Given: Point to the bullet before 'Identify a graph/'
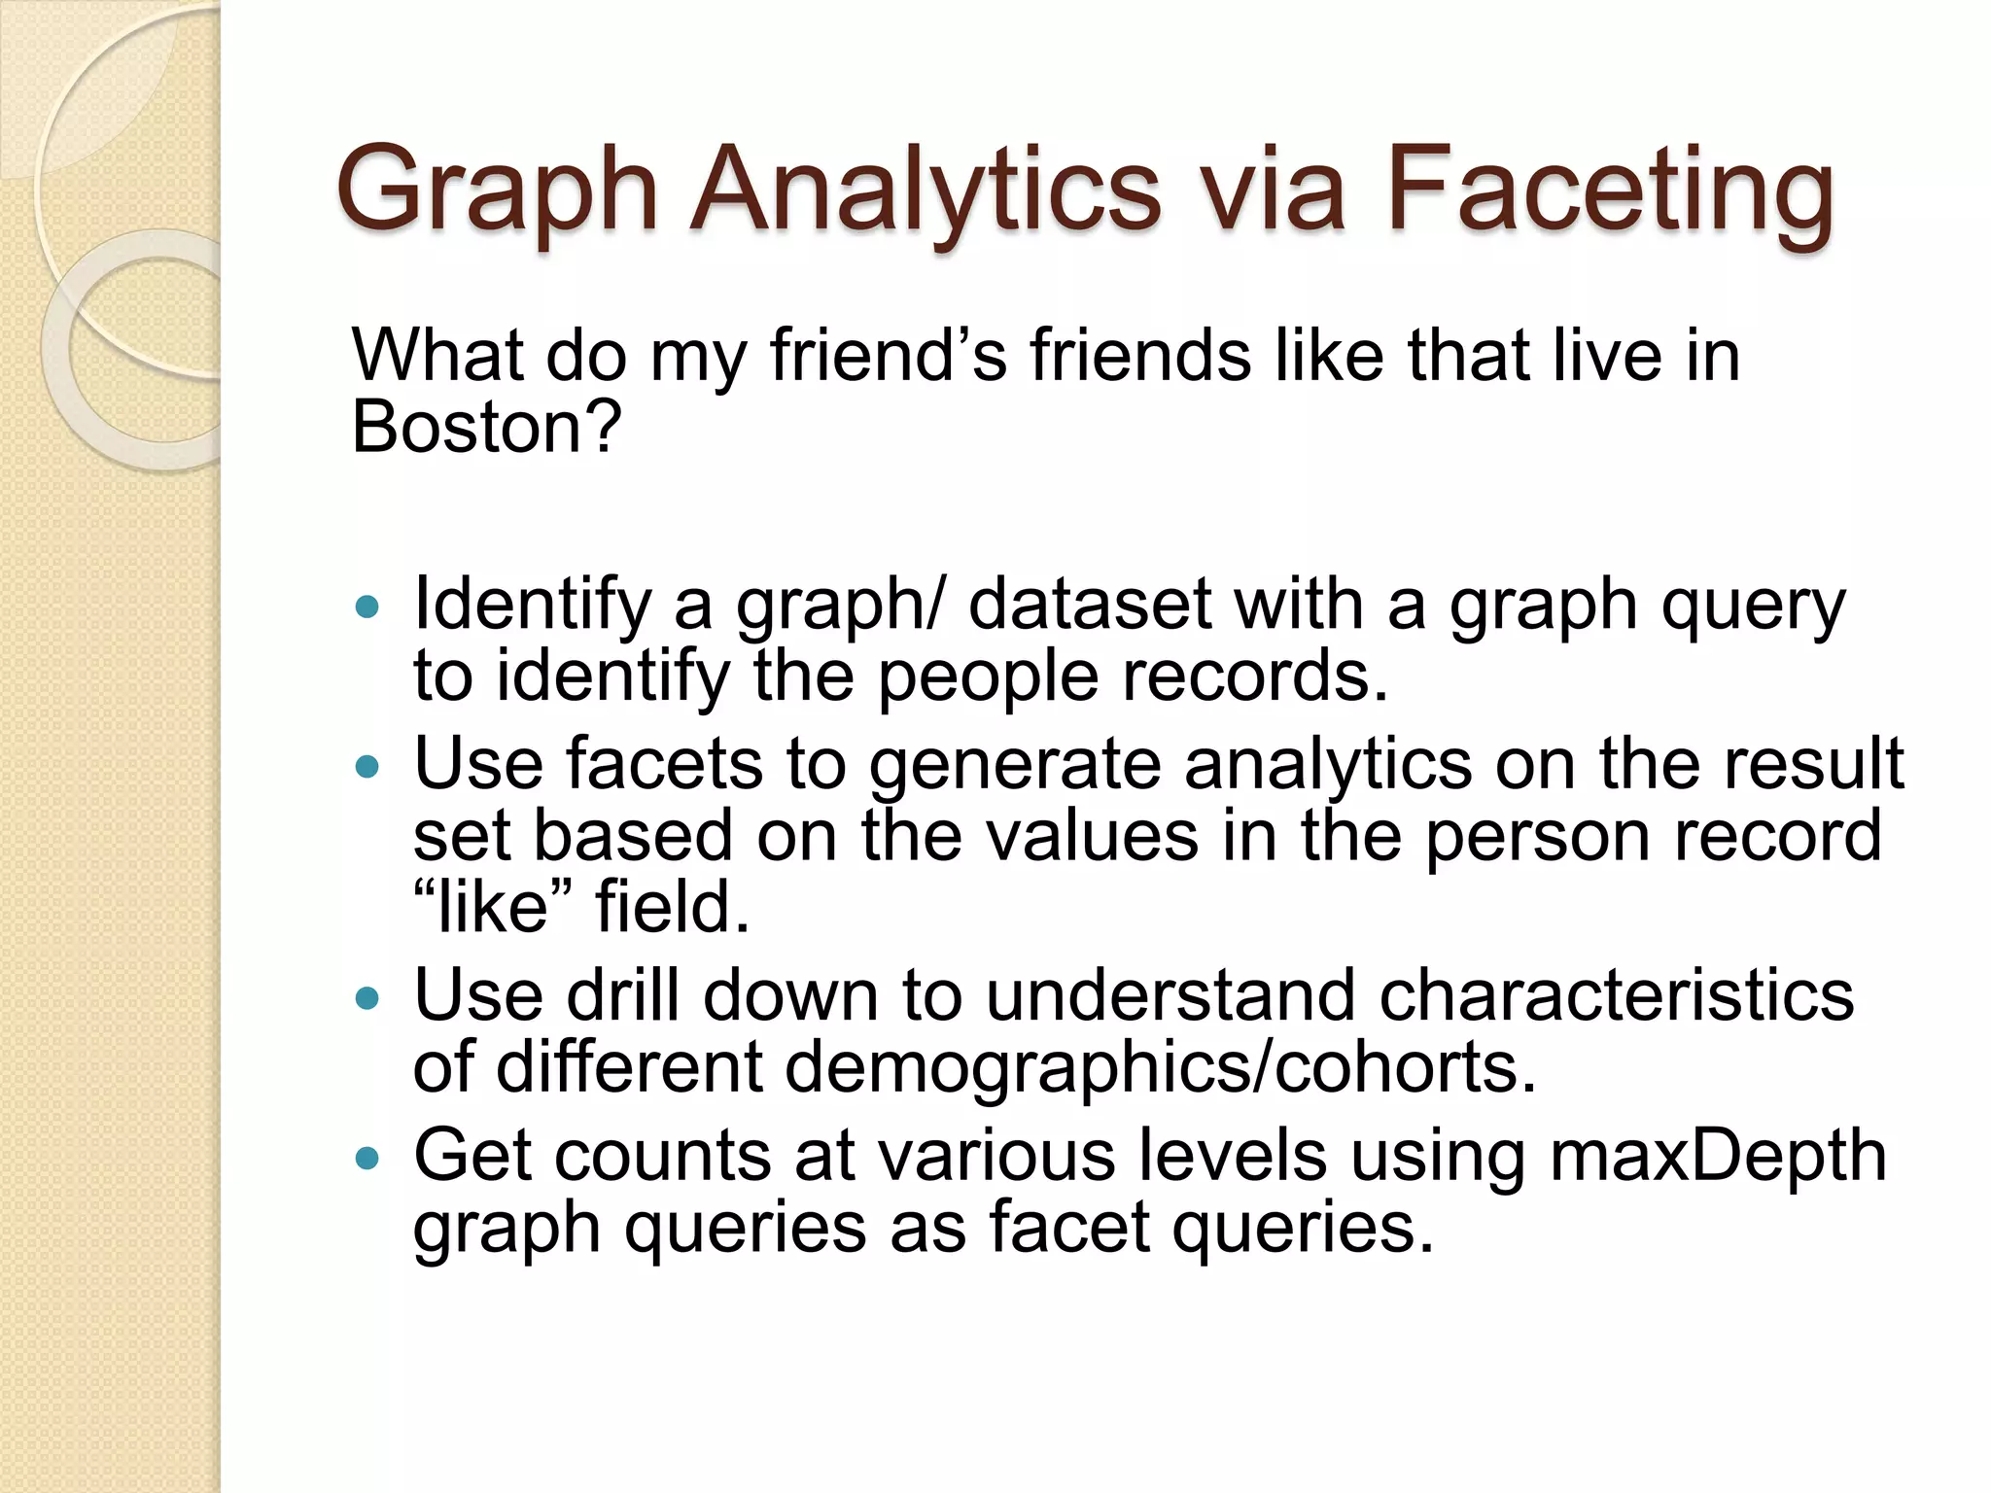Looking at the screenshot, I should pyautogui.click(x=367, y=608).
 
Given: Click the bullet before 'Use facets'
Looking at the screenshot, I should pyautogui.click(x=367, y=768).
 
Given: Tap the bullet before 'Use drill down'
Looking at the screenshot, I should pyautogui.click(x=367, y=999).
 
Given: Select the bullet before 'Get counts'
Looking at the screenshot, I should pyautogui.click(x=367, y=1159).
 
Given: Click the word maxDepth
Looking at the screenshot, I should pyautogui.click(x=1717, y=1157).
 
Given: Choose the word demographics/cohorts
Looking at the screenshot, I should pyautogui.click(x=1159, y=1068).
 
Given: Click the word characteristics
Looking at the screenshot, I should pyautogui.click(x=1616, y=996).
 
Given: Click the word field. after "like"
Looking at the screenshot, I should pyautogui.click(x=673, y=907).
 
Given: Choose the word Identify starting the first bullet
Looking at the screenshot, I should pyautogui.click(x=531, y=606).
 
